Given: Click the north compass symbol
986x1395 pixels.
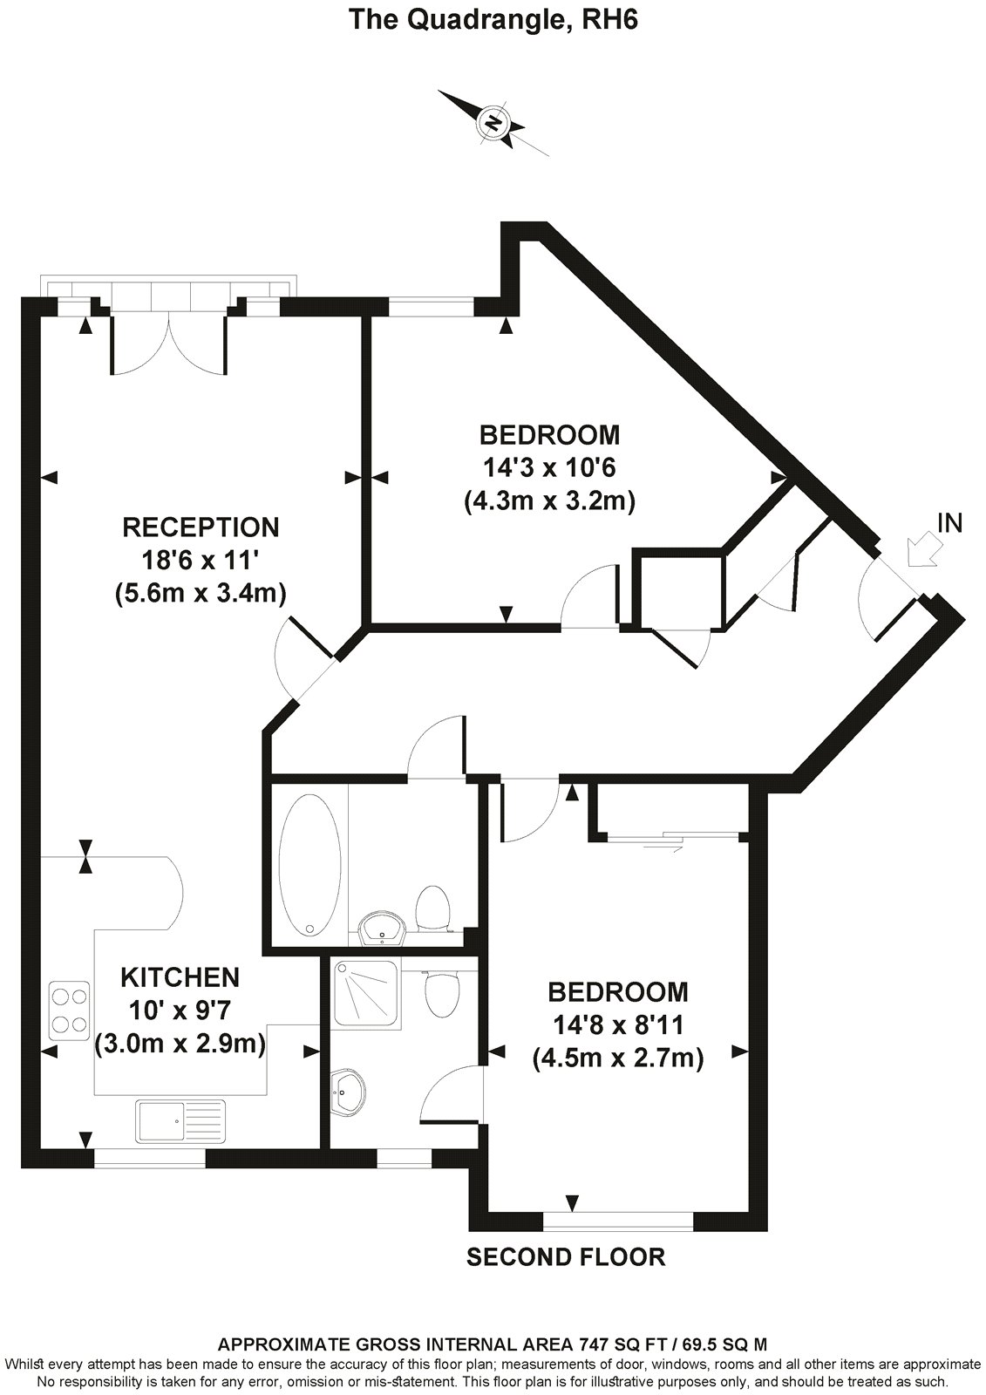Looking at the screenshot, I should (x=494, y=121).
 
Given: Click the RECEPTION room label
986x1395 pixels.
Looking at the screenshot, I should (x=201, y=527).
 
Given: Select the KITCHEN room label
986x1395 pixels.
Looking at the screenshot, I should (x=180, y=976).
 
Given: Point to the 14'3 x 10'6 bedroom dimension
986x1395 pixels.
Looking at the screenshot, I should (x=549, y=468).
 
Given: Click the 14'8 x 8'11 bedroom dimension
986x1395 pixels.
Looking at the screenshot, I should (x=617, y=1026).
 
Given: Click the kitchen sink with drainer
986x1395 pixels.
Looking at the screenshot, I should (x=180, y=1119).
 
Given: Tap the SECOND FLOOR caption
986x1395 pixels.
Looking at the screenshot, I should (x=566, y=1256).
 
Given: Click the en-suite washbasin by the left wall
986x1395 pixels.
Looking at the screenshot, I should (x=349, y=1091).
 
